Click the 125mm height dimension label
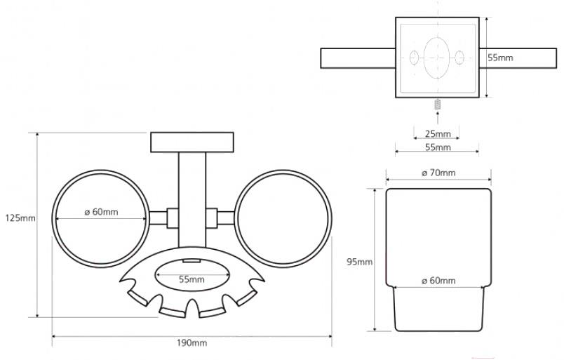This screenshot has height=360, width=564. pyautogui.click(x=19, y=218)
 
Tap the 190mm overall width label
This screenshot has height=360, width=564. pyautogui.click(x=192, y=343)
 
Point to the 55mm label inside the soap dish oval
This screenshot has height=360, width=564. pyautogui.click(x=192, y=279)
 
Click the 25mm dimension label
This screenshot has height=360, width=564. pyautogui.click(x=438, y=134)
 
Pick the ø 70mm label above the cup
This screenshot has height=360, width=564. pyautogui.click(x=438, y=173)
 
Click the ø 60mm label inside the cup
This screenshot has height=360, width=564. pyautogui.click(x=438, y=281)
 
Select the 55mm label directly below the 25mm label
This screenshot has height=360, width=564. pyautogui.click(x=438, y=147)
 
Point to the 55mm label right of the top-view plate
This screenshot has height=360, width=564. pyautogui.click(x=501, y=58)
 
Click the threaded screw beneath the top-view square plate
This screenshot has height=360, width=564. pyautogui.click(x=436, y=107)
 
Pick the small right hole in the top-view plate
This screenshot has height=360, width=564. pyautogui.click(x=460, y=58)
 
